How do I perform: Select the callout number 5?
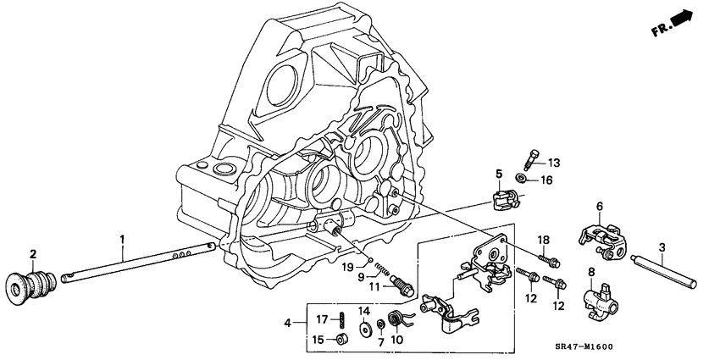click(499, 174)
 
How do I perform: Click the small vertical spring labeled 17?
click(341, 320)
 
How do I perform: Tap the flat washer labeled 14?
click(363, 329)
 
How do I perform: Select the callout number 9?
click(360, 276)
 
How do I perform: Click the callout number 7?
click(380, 341)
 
